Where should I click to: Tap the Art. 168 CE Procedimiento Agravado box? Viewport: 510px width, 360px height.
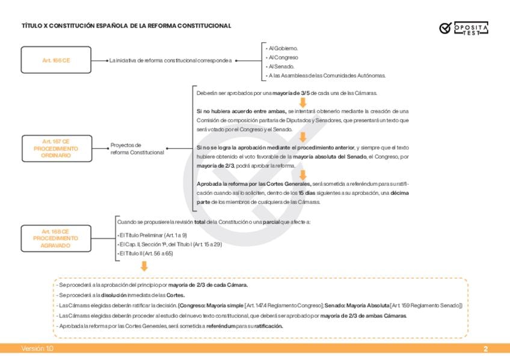[56, 238]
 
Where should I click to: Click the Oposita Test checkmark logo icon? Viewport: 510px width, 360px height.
[445, 28]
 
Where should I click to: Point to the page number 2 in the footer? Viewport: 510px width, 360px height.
[485, 349]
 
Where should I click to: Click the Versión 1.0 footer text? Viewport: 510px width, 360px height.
[37, 349]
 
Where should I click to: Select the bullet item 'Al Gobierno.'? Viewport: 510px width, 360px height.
[283, 48]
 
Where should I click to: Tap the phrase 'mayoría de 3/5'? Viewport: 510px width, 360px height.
[290, 94]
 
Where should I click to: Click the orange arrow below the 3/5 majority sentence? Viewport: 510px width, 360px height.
[303, 102]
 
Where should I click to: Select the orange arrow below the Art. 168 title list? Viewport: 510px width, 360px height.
[144, 265]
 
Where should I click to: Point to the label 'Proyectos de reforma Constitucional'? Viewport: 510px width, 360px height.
[137, 148]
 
